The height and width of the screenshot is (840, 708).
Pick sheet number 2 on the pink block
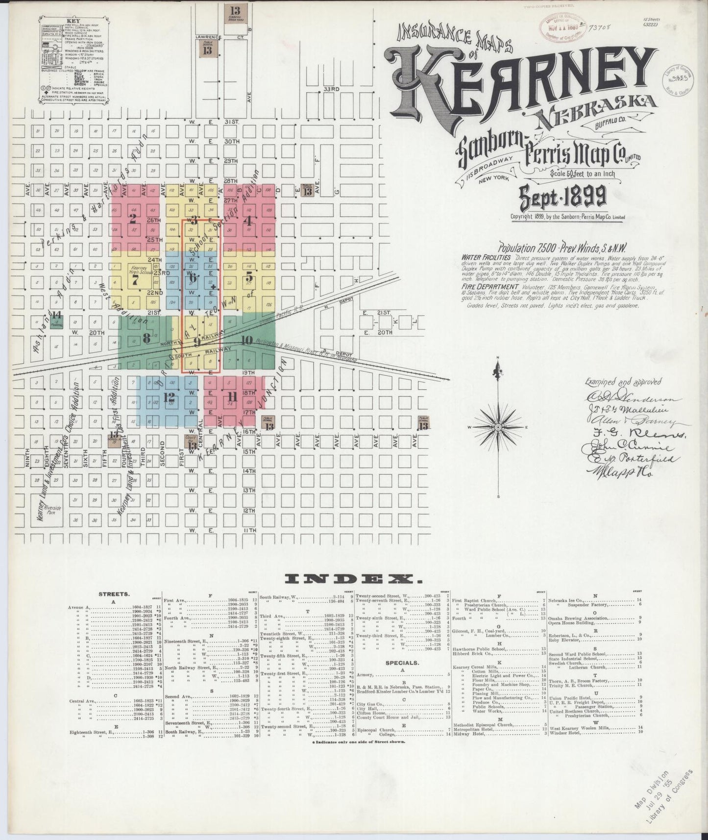pyautogui.click(x=132, y=219)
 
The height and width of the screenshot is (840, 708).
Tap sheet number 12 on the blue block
pyautogui.click(x=170, y=397)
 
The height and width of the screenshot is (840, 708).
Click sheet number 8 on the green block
pyautogui.click(x=146, y=338)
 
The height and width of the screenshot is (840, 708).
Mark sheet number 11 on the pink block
pyautogui.click(x=232, y=397)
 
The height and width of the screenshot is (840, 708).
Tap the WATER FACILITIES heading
pyautogui.click(x=486, y=257)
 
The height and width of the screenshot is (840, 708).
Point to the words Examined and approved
pyautogui.click(x=622, y=382)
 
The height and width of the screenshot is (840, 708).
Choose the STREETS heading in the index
pyautogui.click(x=114, y=594)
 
